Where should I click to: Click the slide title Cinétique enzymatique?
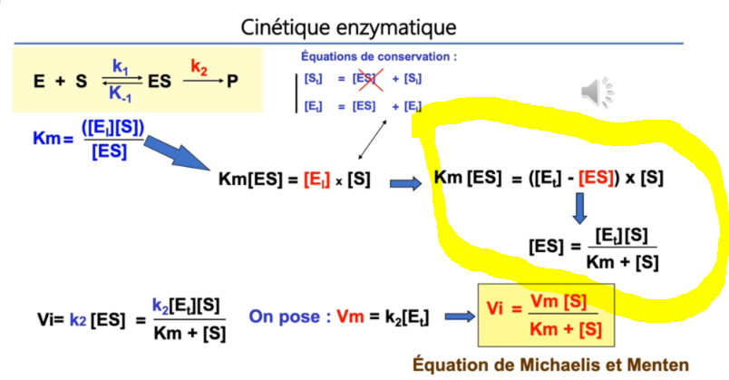(x=348, y=27)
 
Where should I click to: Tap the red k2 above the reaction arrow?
(x=199, y=67)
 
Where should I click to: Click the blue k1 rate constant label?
(x=120, y=66)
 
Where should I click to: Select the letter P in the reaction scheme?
(x=232, y=82)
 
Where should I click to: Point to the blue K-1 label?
(x=120, y=94)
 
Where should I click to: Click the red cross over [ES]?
(x=370, y=79)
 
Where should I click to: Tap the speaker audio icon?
(x=597, y=92)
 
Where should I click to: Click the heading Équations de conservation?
(x=379, y=57)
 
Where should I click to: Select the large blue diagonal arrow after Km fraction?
(x=177, y=152)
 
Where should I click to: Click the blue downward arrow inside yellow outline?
(x=579, y=209)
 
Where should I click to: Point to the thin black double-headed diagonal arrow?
(x=373, y=140)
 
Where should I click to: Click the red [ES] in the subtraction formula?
(x=596, y=178)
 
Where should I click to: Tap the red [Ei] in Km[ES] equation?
(x=317, y=180)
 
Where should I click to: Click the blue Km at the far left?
(x=46, y=138)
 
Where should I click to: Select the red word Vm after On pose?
(x=350, y=317)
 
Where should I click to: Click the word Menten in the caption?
(x=658, y=365)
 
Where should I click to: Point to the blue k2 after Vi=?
(x=78, y=320)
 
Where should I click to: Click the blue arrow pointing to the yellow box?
(x=460, y=317)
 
